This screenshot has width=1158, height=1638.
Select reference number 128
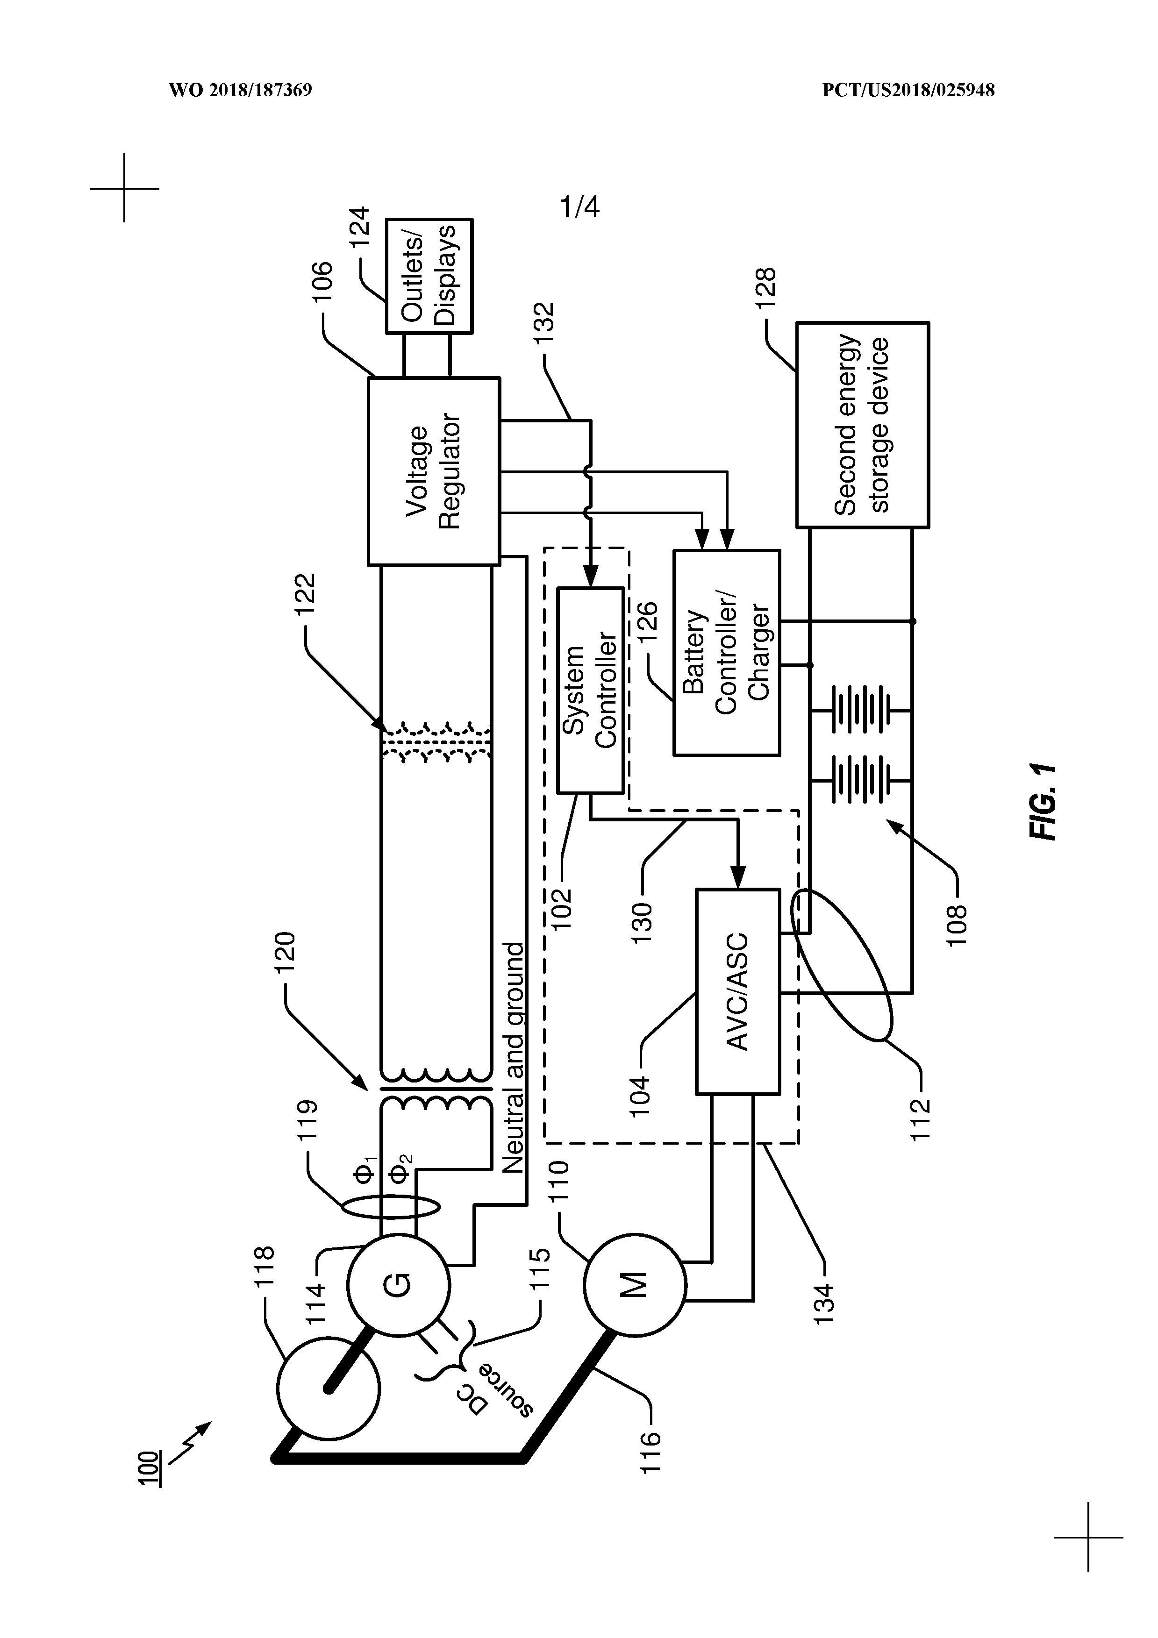[765, 287]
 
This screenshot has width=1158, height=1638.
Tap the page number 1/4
[579, 207]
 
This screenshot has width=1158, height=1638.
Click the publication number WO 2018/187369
[241, 91]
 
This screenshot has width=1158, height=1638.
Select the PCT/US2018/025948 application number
[908, 91]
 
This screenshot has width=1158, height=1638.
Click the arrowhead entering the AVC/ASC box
[738, 877]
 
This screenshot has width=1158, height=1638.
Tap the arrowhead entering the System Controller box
[590, 577]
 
